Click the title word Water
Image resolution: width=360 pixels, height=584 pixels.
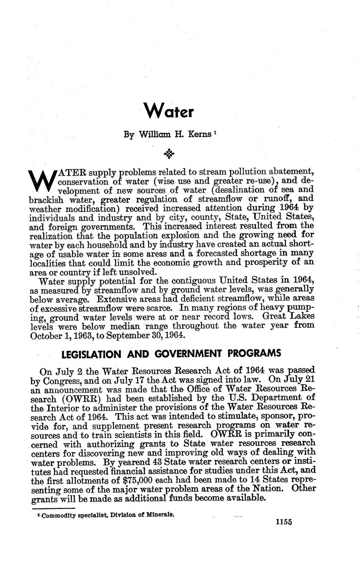(168, 112)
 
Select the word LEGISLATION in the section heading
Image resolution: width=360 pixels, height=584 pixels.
(96, 353)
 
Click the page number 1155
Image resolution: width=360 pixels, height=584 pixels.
(283, 522)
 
